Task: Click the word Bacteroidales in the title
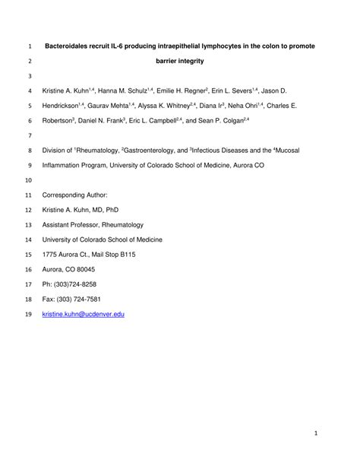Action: pyautogui.click(x=67, y=46)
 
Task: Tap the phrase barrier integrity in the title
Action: pyautogui.click(x=180, y=61)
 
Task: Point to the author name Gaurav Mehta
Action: pyautogui.click(x=111, y=106)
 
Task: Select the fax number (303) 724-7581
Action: pyautogui.click(x=80, y=299)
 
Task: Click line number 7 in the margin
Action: pyautogui.click(x=29, y=135)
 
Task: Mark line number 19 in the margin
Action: pyautogui.click(x=29, y=313)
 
